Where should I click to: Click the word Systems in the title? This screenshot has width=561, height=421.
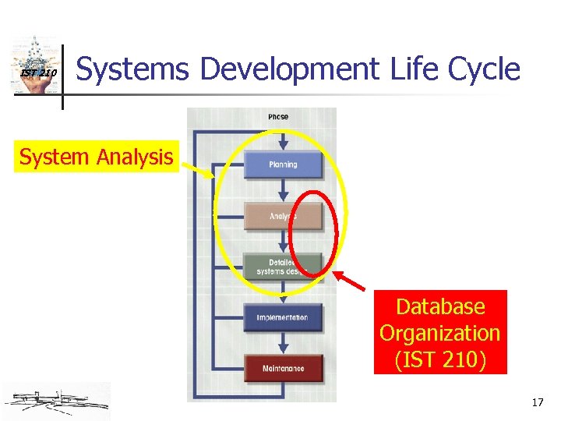coord(133,69)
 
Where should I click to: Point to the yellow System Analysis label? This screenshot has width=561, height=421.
coord(96,157)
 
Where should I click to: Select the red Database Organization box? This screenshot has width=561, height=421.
coord(439,332)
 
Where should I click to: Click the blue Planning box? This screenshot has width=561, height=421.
coord(283,165)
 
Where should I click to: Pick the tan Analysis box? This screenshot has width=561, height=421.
coord(283,216)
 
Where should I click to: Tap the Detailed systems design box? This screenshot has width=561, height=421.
coord(283,267)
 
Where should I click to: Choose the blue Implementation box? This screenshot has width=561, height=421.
coord(283,317)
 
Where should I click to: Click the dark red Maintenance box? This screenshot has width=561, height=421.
coord(283,368)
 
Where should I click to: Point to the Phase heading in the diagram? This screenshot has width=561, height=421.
coord(278,117)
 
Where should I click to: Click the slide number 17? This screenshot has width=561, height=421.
coord(537,403)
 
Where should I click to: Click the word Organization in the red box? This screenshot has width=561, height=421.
coord(439,333)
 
